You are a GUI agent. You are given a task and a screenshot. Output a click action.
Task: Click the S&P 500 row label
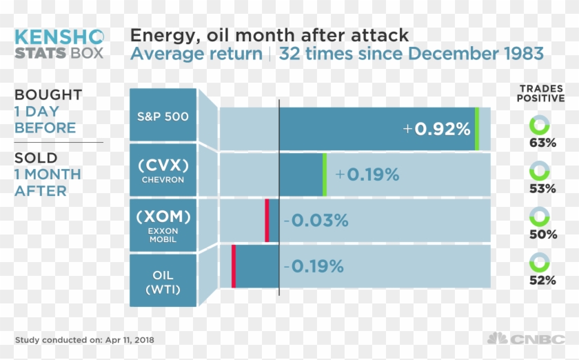tap(163, 116)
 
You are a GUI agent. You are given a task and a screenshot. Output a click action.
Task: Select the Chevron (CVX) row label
tap(163, 171)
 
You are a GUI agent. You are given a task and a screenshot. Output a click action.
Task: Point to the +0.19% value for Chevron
tap(367, 174)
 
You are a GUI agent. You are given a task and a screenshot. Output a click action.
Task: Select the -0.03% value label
tap(316, 221)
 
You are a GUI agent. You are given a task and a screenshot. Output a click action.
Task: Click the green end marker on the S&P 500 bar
tap(476, 129)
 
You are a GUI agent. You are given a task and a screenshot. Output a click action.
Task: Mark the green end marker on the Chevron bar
tap(324, 174)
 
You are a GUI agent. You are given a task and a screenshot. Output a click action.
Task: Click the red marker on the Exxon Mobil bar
tap(267, 221)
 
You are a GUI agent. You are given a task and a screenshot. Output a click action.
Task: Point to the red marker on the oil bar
tap(234, 266)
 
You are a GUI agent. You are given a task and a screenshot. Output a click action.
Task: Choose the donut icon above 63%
tap(538, 126)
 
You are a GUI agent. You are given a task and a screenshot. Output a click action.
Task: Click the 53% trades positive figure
tap(542, 188)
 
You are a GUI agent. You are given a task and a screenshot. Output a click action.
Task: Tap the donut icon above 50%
tap(538, 217)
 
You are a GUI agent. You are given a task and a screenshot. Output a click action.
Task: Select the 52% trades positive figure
tap(542, 280)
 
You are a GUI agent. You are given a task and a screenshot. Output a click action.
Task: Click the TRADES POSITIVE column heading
tap(541, 93)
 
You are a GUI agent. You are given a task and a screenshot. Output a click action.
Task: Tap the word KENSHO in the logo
tap(59, 36)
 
